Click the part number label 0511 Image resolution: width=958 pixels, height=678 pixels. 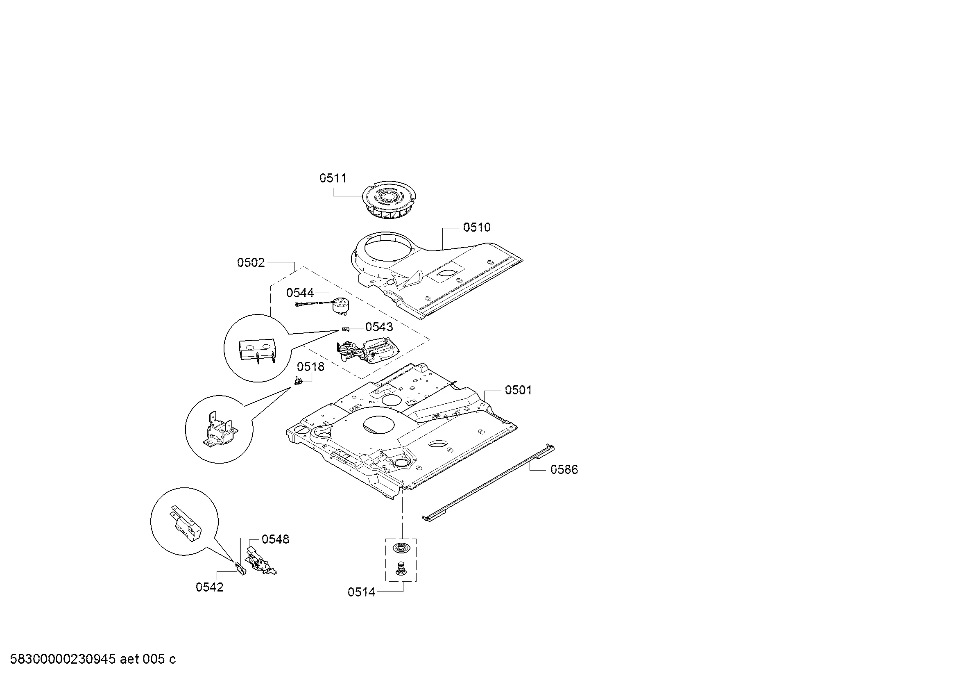coord(333,178)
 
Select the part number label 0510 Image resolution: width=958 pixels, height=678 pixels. coord(476,228)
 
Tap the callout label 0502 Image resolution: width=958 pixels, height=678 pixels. coord(251,263)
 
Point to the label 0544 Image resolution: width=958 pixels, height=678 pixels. coord(300,293)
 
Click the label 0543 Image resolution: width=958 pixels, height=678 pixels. coord(379,327)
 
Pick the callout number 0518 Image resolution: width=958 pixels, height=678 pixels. coord(310,367)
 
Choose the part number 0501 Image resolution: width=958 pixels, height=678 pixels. coord(518,390)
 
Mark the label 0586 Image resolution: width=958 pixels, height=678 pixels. coord(564,470)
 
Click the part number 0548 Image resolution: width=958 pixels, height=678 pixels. coord(275,539)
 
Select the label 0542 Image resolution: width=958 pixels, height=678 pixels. coord(209,587)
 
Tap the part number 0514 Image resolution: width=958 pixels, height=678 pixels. coord(361,592)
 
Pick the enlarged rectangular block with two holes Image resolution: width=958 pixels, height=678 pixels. coord(257,350)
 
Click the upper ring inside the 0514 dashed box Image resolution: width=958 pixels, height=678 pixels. coord(400,547)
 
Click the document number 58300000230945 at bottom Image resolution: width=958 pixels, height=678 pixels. coord(63,659)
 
